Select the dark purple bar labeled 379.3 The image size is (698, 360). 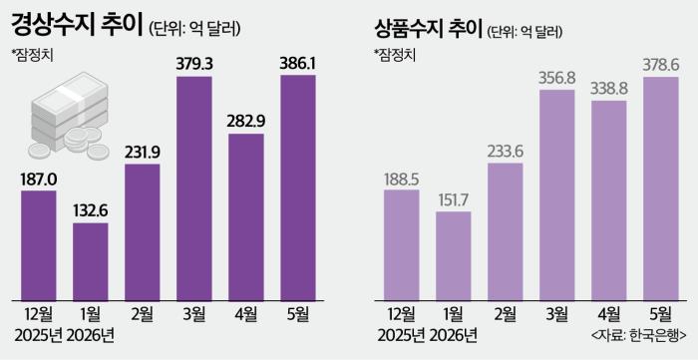[x=194, y=188]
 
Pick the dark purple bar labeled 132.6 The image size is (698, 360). [x=91, y=262]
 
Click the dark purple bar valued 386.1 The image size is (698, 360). [x=298, y=187]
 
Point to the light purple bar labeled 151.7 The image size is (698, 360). [x=453, y=256]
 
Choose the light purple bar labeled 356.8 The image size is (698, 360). [x=556, y=195]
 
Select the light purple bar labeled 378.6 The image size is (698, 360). [x=660, y=189]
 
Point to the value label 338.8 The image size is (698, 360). [x=609, y=90]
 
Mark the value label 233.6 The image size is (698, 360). [x=506, y=153]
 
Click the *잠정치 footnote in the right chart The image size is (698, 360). [x=395, y=55]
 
